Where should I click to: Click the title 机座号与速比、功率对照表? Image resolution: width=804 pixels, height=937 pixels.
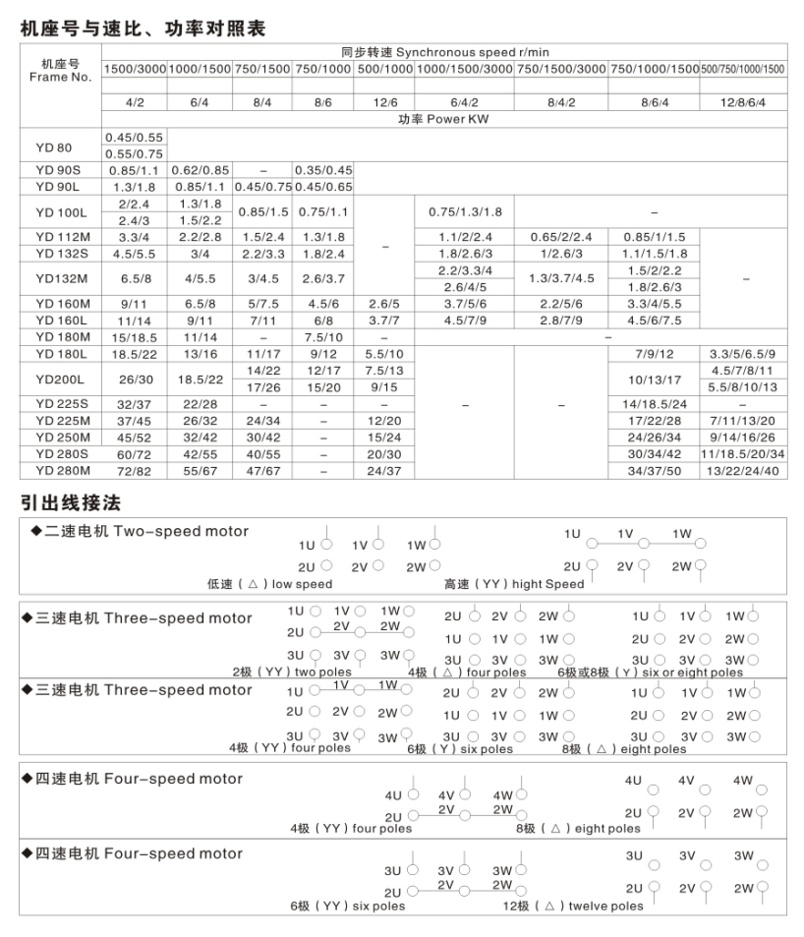point(143,29)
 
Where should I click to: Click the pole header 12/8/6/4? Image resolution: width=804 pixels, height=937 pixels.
point(744,101)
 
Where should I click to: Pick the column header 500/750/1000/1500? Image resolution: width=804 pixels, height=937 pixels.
point(744,69)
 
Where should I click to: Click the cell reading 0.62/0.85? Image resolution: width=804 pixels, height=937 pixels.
point(200,170)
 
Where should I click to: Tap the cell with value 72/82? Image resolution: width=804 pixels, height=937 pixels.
point(135,471)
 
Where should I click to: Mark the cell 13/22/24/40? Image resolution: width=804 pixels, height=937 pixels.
point(744,471)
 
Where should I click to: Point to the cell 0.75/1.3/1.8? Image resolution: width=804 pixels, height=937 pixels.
point(465,211)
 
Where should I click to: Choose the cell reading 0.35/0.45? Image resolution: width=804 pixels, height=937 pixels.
point(325,170)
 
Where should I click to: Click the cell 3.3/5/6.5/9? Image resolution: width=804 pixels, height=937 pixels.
point(744,353)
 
